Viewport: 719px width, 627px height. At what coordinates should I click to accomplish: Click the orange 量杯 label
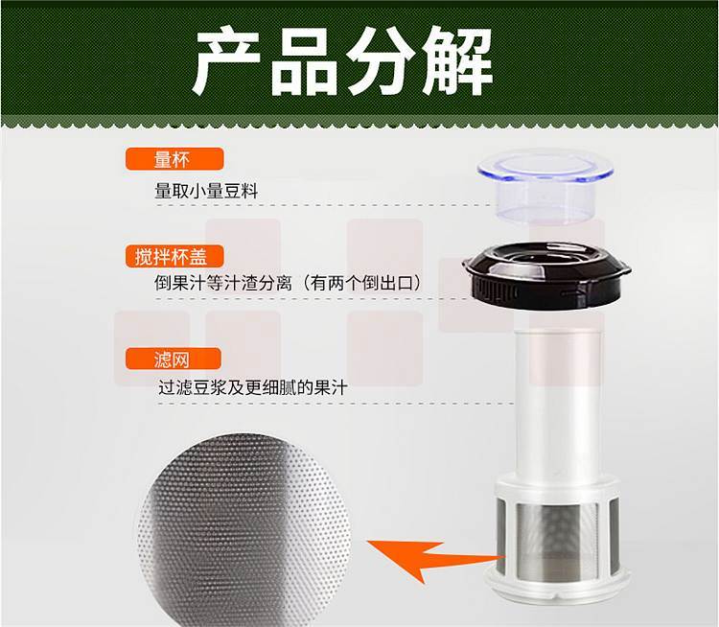point(174,159)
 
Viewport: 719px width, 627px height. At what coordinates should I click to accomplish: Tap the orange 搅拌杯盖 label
point(174,256)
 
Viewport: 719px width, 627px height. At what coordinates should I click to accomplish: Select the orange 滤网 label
point(174,359)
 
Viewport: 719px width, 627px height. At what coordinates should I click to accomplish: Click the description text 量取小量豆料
point(207,191)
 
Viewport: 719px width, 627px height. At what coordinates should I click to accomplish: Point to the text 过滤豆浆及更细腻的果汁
point(253,387)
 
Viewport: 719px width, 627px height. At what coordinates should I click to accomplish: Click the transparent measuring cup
point(545,187)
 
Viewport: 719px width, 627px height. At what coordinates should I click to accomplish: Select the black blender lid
point(546,274)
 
